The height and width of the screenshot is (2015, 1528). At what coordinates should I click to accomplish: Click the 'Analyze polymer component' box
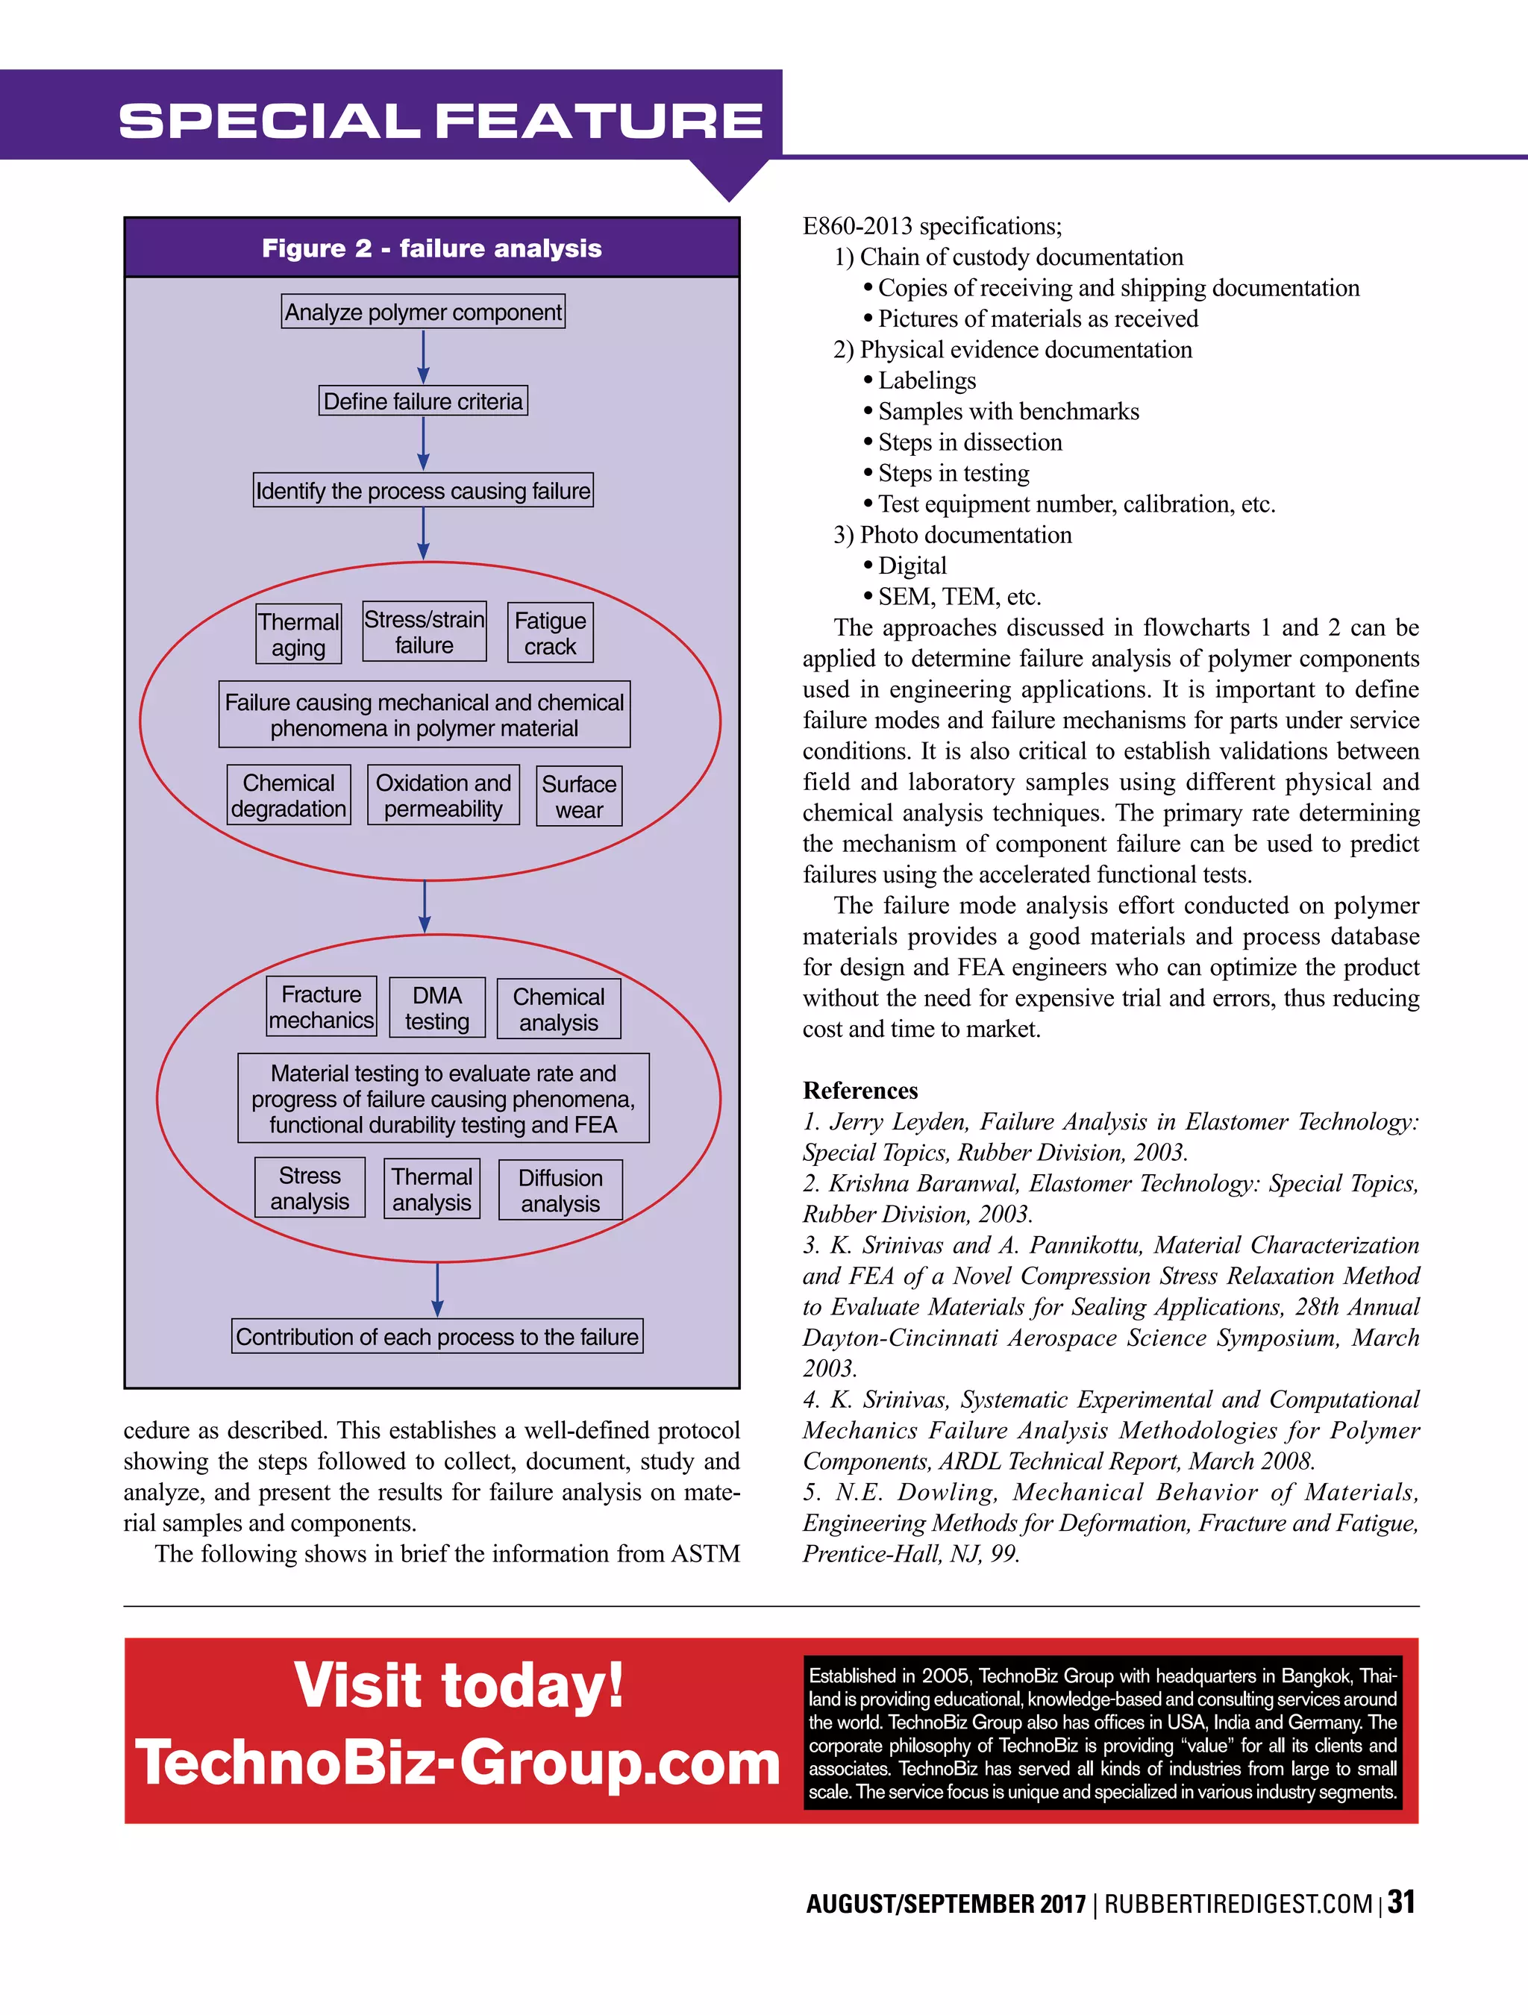423,312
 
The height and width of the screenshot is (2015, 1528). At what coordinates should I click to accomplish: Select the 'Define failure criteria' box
423,401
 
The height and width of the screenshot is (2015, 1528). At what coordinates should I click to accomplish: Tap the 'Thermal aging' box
299,634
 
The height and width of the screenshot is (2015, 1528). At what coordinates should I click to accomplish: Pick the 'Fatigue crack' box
551,633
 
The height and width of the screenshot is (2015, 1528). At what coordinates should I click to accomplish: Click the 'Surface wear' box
580,796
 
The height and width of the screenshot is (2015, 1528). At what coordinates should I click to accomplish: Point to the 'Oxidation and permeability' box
444,795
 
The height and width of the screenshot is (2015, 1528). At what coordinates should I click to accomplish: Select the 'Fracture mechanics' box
322,1006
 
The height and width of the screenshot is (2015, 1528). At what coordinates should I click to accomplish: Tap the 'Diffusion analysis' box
560,1190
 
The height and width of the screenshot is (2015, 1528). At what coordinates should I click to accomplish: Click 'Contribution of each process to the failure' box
437,1336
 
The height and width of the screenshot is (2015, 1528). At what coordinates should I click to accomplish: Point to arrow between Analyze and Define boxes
424,356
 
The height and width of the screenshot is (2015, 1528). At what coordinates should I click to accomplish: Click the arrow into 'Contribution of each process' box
437,1289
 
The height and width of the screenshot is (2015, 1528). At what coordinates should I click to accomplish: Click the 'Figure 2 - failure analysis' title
432,248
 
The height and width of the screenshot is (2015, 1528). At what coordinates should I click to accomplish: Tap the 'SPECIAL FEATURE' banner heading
441,120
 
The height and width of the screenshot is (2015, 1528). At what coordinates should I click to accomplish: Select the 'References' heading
860,1091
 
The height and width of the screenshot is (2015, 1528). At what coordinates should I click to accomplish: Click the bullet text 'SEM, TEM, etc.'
959,597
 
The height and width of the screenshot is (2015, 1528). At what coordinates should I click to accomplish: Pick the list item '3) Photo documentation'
952,535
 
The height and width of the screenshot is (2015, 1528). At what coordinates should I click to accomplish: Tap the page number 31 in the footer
1400,1903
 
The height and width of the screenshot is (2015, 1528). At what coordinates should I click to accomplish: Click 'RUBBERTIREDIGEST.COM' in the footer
1239,1905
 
